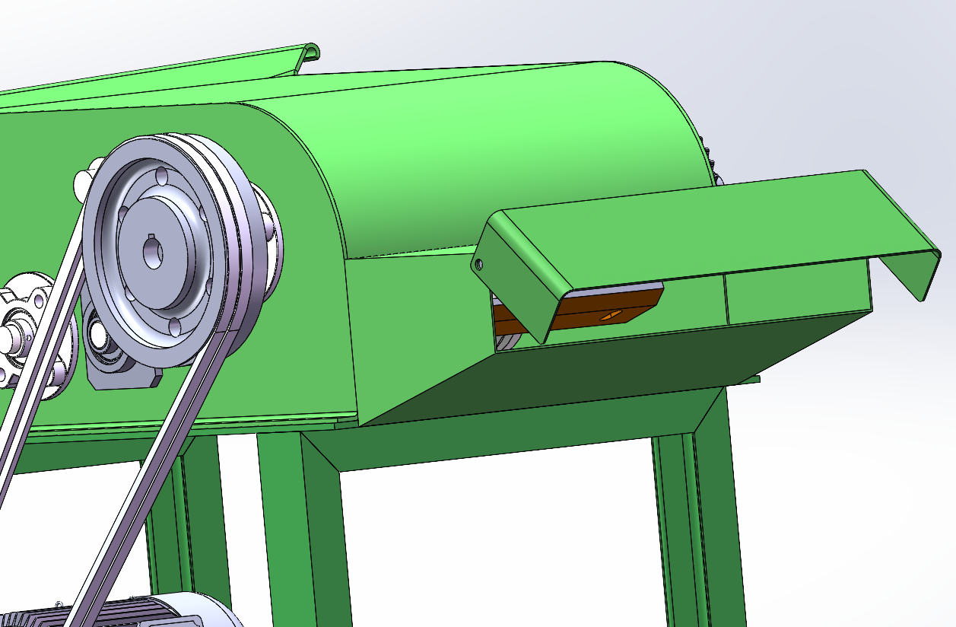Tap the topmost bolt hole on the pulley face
tap(161, 176)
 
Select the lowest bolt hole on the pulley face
tap(176, 326)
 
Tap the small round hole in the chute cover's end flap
tap(478, 265)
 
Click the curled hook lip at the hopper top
tap(310, 53)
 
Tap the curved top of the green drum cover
tap(494, 114)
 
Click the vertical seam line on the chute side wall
tap(725, 297)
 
